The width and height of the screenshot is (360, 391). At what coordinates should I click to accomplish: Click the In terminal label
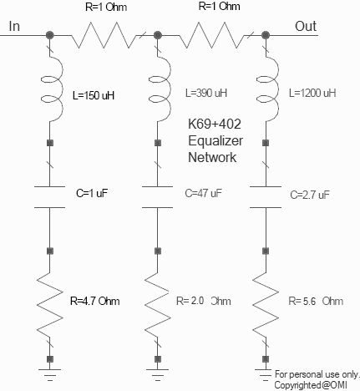tap(14, 26)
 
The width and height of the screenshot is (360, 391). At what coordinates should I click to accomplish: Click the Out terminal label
tap(306, 26)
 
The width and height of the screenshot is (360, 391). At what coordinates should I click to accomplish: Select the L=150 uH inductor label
tap(94, 95)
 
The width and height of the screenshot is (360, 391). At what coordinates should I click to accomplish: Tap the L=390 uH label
tap(206, 93)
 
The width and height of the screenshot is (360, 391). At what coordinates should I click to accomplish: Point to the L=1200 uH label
tap(312, 93)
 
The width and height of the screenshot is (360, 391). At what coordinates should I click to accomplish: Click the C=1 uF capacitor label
tap(92, 193)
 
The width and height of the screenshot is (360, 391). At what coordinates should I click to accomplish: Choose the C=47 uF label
tap(203, 193)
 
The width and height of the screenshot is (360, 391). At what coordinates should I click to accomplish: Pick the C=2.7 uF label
tap(310, 195)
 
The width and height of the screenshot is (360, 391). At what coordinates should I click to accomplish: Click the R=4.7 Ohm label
tap(95, 301)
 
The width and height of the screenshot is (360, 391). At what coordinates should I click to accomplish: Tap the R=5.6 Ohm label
tap(316, 301)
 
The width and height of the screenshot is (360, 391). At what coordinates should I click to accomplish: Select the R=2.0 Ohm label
tap(204, 301)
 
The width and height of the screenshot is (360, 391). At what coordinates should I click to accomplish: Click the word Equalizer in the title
tap(215, 141)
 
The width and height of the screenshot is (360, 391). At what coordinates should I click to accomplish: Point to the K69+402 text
tap(215, 124)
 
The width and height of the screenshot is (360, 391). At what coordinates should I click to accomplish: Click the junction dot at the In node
tap(50, 35)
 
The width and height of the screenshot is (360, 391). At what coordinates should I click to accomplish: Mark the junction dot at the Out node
tap(266, 35)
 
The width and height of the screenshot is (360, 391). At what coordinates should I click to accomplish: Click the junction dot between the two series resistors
tap(158, 35)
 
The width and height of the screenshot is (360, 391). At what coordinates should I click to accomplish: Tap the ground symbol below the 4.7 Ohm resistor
tap(50, 374)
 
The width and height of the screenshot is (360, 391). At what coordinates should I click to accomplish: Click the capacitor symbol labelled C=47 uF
tap(158, 197)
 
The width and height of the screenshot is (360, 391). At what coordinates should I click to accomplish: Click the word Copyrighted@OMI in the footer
tap(311, 385)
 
